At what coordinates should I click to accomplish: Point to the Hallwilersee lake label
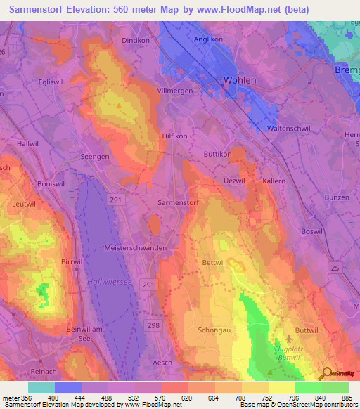coord(110,281)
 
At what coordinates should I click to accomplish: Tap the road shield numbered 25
coord(335,268)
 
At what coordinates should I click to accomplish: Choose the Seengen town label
coord(95,157)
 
